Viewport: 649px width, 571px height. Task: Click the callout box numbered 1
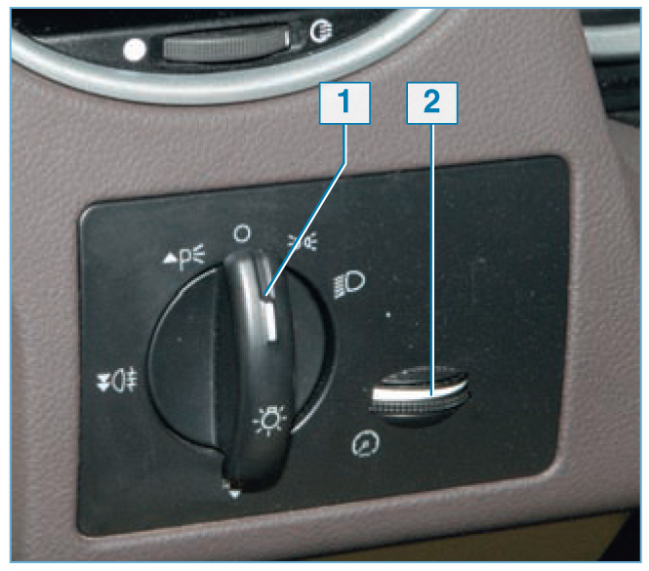click(345, 102)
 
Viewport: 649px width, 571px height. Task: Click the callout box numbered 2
click(432, 102)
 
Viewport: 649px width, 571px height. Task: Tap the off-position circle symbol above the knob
click(242, 233)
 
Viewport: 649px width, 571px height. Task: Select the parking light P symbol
click(189, 257)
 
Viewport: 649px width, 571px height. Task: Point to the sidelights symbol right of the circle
click(303, 241)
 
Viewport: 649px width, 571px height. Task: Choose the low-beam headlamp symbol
click(349, 284)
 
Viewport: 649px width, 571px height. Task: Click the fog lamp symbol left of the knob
click(117, 380)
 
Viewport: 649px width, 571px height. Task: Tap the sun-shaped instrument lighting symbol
click(269, 420)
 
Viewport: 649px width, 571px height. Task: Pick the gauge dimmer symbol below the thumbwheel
click(365, 443)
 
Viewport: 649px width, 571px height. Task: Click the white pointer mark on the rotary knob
click(269, 317)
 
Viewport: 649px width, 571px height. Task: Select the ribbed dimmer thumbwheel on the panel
click(418, 394)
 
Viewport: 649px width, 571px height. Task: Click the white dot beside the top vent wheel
click(135, 50)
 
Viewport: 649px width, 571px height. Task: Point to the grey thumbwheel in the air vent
click(225, 44)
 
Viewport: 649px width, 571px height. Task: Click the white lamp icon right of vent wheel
click(321, 32)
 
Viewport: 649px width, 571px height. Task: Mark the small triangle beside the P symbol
click(170, 259)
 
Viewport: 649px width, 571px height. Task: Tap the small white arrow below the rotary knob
click(234, 492)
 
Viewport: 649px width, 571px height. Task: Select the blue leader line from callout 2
click(432, 260)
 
